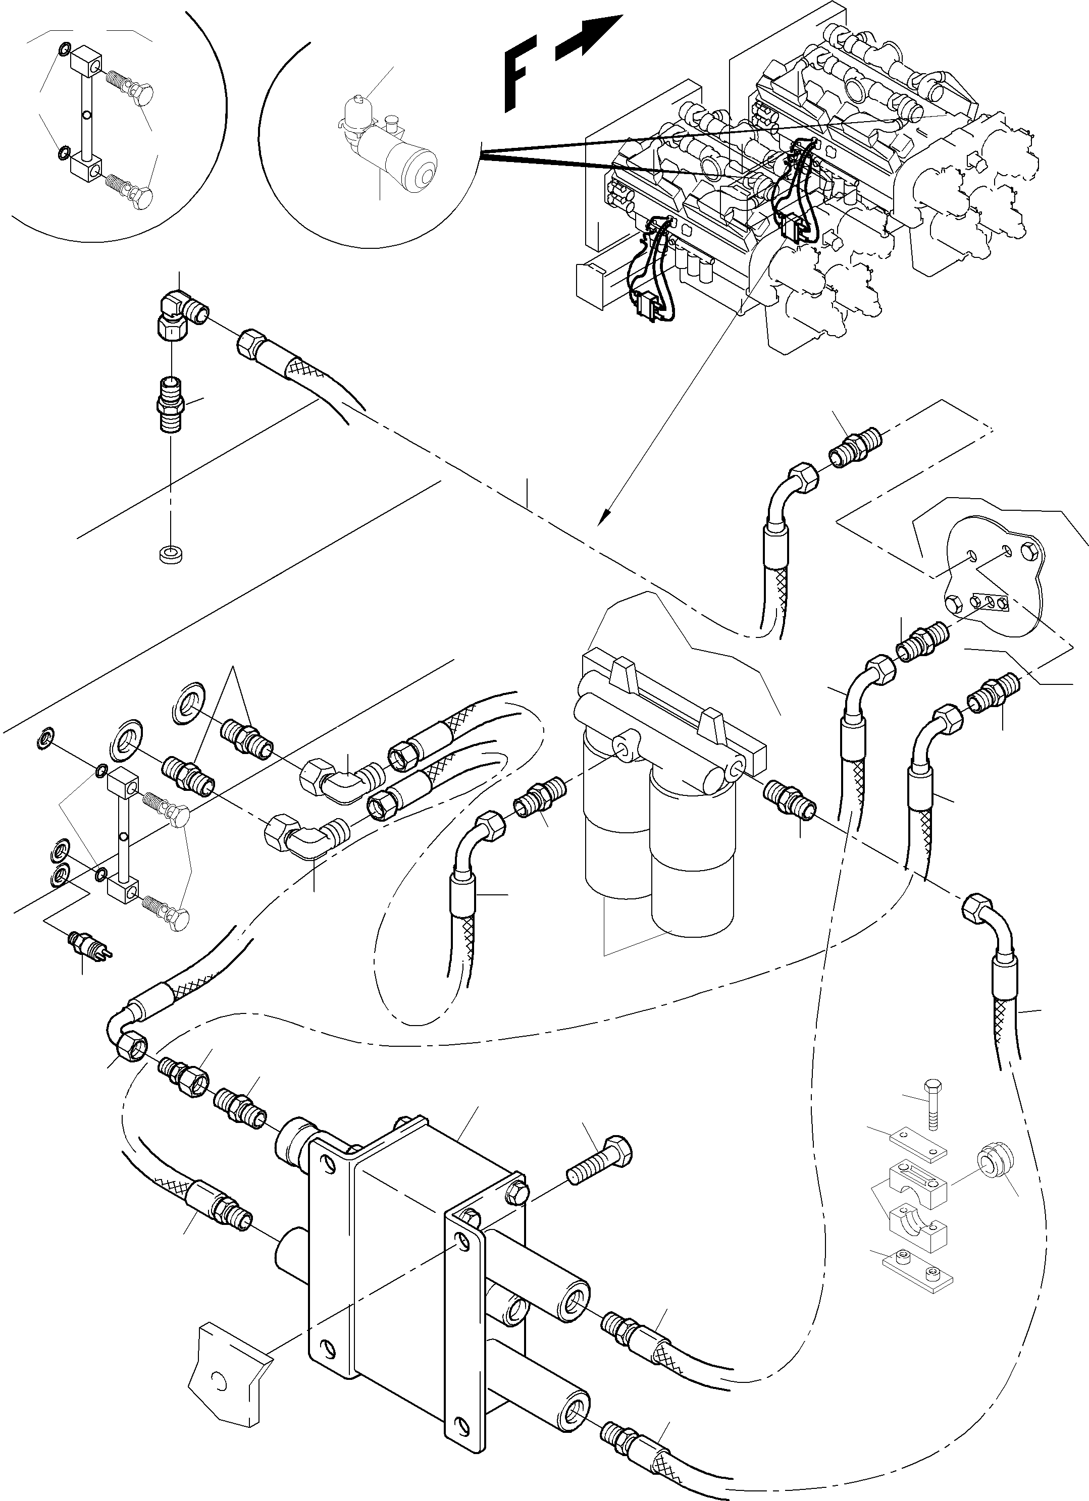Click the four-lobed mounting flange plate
point(993,576)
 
